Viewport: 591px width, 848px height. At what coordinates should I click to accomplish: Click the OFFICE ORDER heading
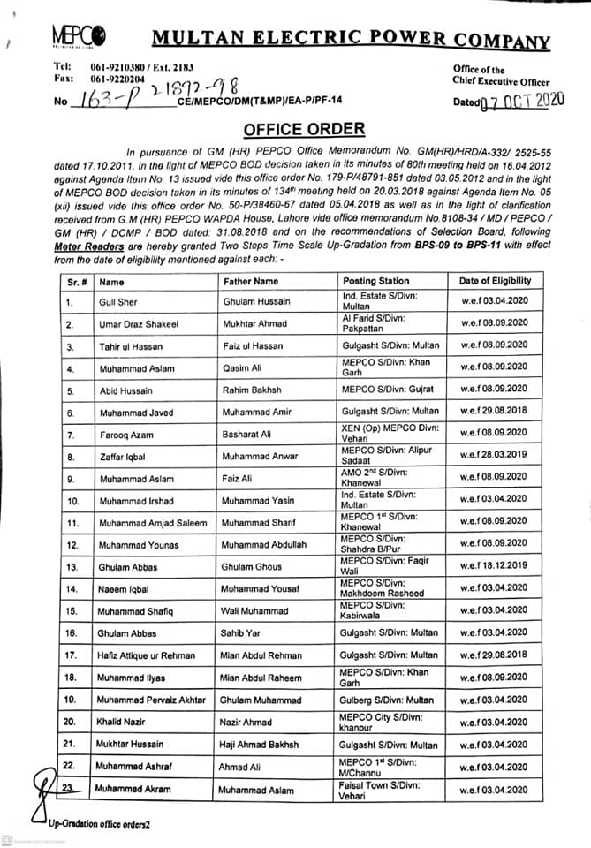[x=303, y=129]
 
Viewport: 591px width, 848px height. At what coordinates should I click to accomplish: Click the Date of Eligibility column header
[x=495, y=281]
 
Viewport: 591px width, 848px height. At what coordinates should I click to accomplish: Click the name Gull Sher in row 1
[x=117, y=302]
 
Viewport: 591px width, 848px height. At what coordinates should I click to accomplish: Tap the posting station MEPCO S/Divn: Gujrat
[x=390, y=390]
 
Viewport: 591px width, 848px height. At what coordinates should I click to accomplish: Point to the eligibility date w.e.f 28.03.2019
[x=495, y=456]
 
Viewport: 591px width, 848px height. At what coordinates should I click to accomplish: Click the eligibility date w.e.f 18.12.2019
[x=495, y=566]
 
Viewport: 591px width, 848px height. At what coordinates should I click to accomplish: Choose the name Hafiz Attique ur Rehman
[x=145, y=655]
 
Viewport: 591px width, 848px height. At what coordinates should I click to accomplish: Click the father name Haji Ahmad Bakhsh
[x=259, y=745]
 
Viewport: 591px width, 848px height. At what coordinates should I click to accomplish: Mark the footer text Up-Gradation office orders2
[x=99, y=823]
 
